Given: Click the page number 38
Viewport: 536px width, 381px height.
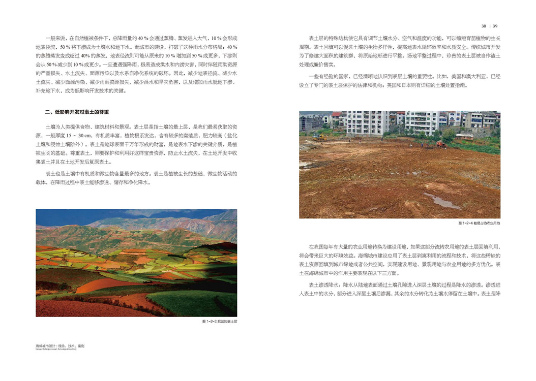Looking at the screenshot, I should [484, 26].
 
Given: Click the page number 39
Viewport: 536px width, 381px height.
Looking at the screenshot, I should [495, 26].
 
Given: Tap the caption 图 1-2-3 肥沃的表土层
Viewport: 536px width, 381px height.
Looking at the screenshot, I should [220, 322].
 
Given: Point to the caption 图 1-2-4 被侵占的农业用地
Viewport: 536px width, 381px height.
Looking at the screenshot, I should [479, 223].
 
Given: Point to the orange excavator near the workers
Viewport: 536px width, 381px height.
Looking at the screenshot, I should [440, 145].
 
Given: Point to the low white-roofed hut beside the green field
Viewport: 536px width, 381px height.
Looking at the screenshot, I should [464, 136].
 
